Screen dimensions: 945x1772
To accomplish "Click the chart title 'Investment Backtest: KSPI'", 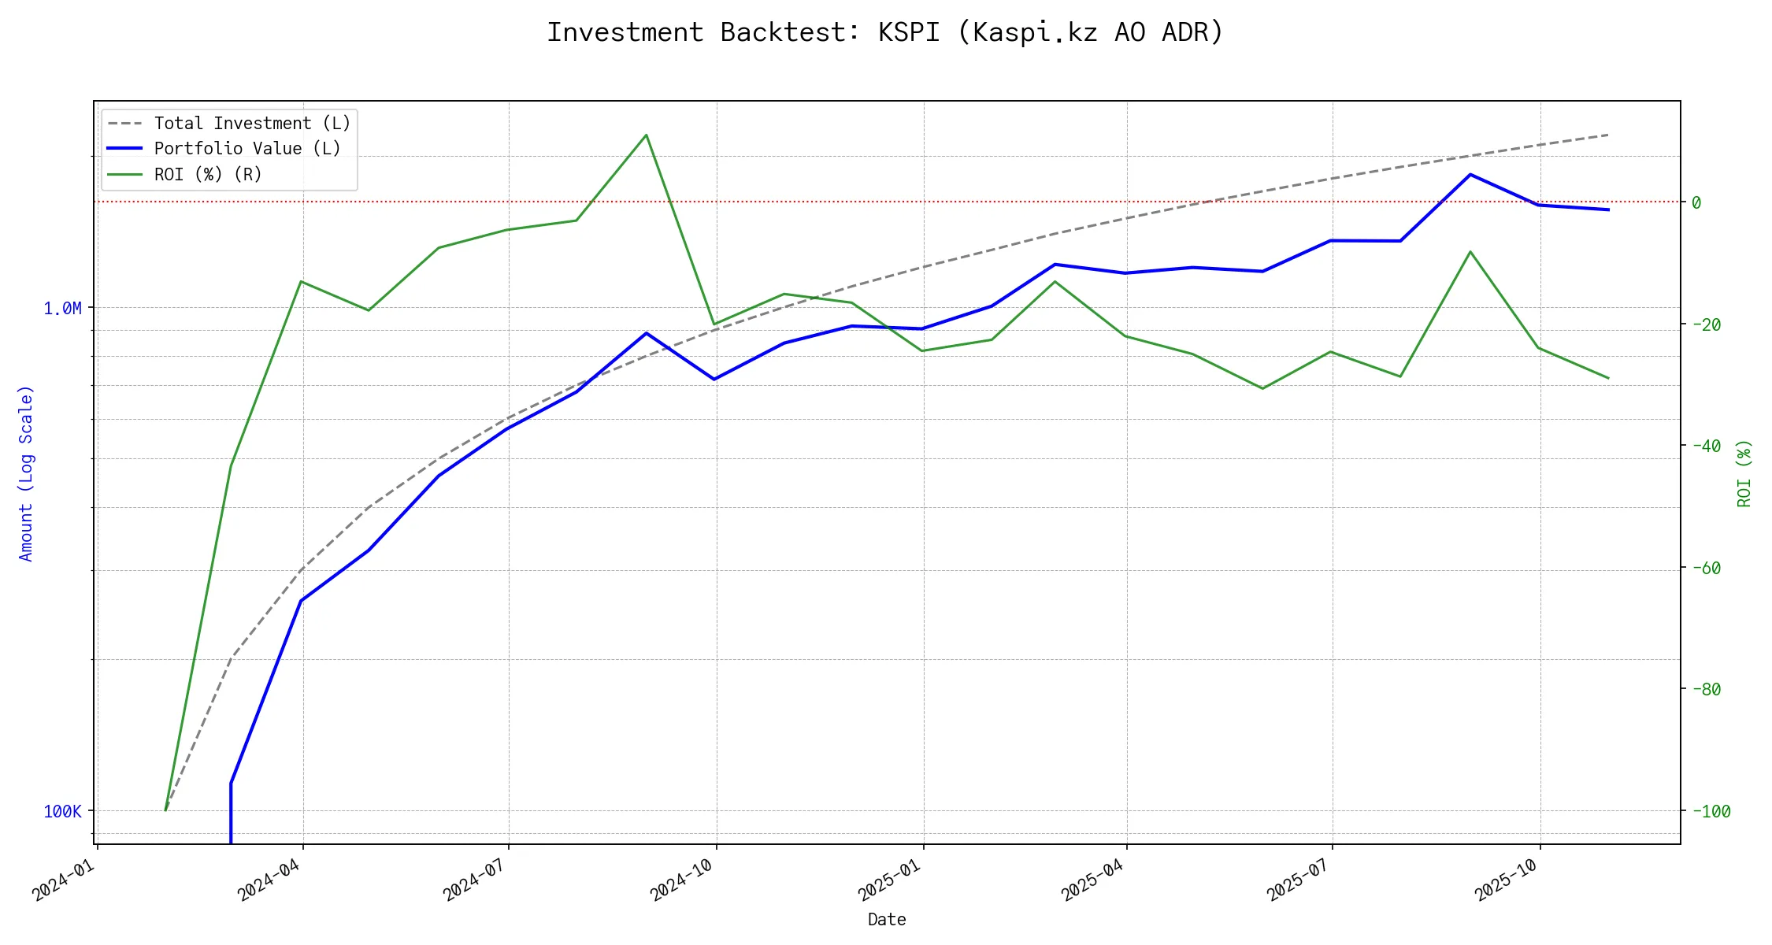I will (x=885, y=32).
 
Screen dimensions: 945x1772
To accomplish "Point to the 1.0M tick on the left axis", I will (x=62, y=308).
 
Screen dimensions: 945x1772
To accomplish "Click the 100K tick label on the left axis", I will (x=62, y=811).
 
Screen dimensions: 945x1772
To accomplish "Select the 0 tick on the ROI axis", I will (x=1696, y=202).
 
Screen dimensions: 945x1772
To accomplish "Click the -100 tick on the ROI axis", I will (x=1710, y=811).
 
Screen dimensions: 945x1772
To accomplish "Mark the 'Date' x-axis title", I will (x=887, y=919).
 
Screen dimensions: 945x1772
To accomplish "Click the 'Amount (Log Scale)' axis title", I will (x=26, y=472).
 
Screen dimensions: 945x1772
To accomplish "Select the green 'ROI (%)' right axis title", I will (x=1744, y=472).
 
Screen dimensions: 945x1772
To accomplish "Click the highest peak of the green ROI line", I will (x=647, y=135).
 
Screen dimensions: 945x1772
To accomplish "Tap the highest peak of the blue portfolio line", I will (x=1470, y=174).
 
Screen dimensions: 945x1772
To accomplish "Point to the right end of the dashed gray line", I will (x=1608, y=135).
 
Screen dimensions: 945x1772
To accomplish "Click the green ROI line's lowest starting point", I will (x=165, y=810).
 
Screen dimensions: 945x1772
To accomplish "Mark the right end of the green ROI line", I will (x=1608, y=378).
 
